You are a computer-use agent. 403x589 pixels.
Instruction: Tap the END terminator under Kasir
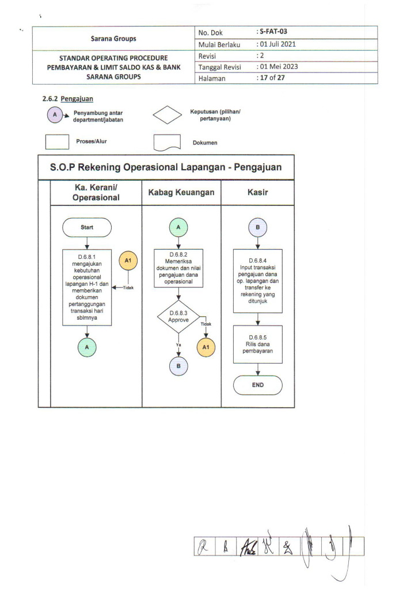point(257,385)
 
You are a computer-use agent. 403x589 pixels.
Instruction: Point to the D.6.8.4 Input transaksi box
point(257,280)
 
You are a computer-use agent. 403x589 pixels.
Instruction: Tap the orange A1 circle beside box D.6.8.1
point(128,262)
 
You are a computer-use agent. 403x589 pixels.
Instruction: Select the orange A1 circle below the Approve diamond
point(206,347)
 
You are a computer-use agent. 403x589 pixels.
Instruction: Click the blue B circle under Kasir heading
point(257,227)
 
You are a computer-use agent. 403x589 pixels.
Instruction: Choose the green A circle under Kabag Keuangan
point(178,227)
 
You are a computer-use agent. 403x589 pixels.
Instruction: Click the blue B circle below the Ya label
point(178,366)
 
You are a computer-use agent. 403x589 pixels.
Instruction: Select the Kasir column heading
point(257,193)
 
